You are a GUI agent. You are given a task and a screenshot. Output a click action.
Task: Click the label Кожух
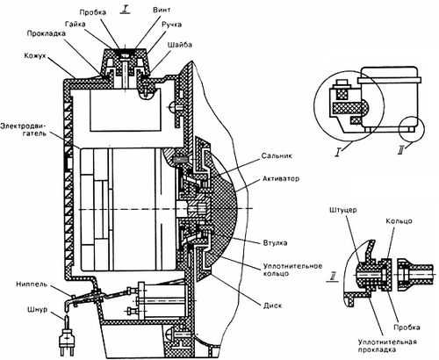point(35,55)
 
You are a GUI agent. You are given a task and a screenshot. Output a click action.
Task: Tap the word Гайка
point(76,24)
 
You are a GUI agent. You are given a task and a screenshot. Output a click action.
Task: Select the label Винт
point(162,10)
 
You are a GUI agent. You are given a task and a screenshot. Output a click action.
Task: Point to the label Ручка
point(171,25)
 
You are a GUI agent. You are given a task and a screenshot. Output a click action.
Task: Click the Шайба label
point(180,45)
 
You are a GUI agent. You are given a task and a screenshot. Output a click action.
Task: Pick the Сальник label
point(277,155)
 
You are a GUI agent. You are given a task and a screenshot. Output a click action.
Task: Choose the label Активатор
point(281,178)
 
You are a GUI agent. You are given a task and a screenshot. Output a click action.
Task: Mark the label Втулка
point(275,242)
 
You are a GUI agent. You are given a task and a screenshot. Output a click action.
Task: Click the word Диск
point(272,306)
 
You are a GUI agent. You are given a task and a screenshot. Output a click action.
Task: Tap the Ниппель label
point(32,284)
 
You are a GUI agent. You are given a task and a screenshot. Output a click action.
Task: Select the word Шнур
point(37,309)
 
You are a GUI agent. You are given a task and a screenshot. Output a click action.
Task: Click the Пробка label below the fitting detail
point(407,327)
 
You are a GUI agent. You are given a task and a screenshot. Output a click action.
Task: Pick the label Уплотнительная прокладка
point(387,345)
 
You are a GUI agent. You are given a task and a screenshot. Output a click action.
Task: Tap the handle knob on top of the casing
point(126,59)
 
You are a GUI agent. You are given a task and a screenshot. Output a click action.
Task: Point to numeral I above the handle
point(125,10)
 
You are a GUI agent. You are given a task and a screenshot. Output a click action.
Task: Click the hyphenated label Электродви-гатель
point(24,130)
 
